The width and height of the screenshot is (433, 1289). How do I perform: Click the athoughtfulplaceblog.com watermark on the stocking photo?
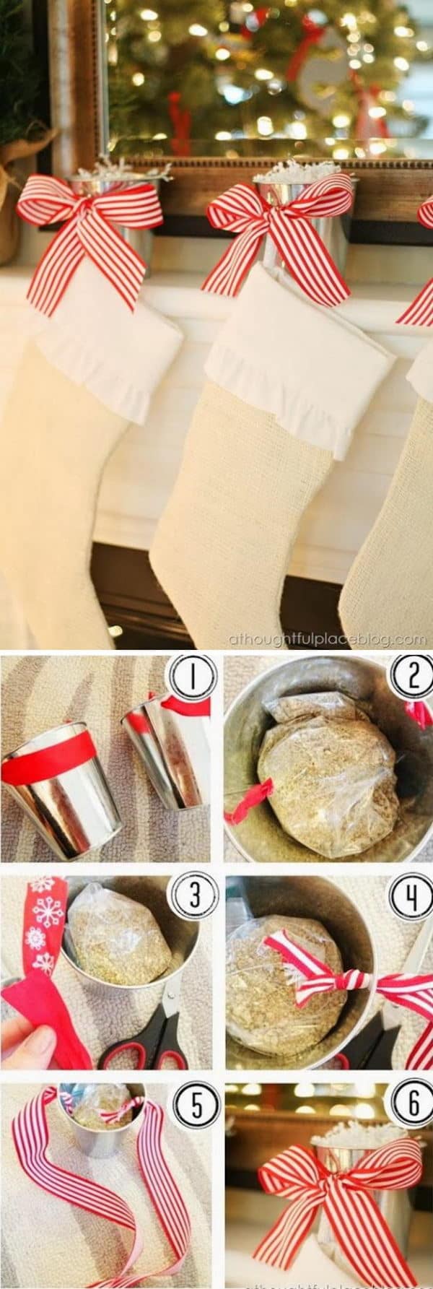point(327,639)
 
